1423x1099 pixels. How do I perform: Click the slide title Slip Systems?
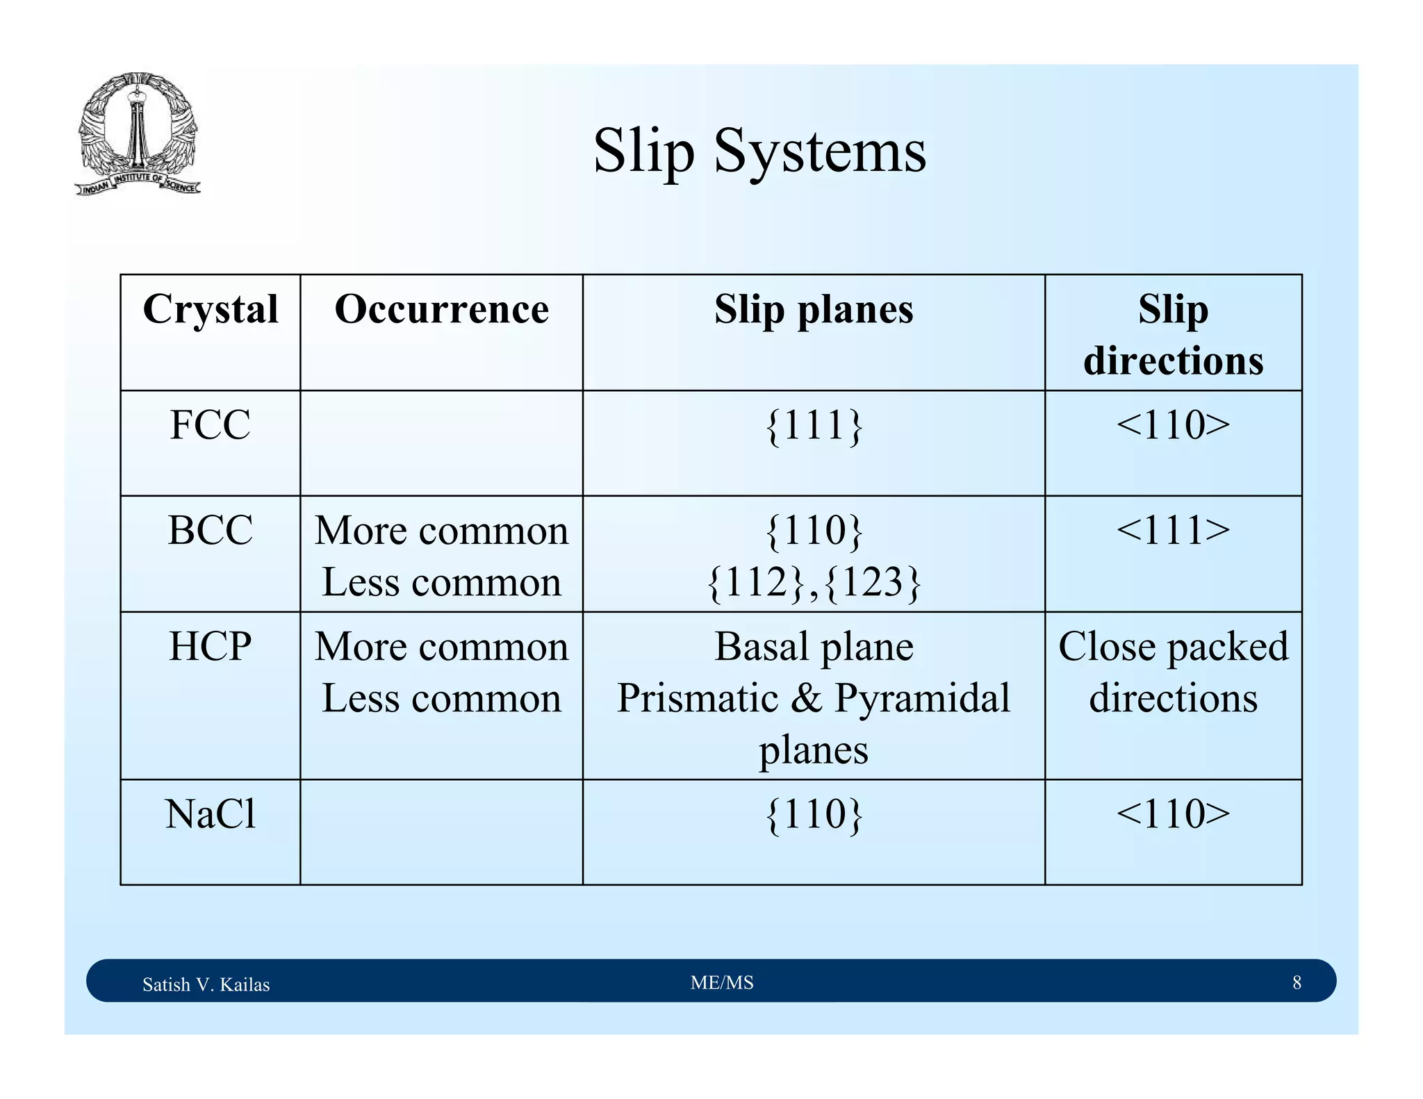click(759, 151)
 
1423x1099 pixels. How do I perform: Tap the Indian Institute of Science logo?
click(138, 134)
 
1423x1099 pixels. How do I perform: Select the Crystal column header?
click(211, 309)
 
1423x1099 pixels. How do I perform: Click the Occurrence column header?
click(441, 309)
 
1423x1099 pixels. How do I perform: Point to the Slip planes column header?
click(814, 309)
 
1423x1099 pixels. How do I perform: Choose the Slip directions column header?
click(1173, 335)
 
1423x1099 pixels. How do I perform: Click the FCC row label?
click(210, 424)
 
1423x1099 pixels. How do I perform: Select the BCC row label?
click(210, 530)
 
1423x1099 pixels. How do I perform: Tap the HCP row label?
click(210, 646)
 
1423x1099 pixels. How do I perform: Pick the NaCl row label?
click(210, 813)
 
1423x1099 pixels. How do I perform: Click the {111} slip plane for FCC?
click(814, 425)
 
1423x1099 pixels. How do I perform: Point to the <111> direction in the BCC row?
click(1173, 530)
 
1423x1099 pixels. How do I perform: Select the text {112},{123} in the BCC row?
click(814, 582)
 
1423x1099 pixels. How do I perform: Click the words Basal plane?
click(814, 646)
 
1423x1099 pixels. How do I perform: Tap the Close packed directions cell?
click(1173, 672)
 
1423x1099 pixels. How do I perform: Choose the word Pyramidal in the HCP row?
click(922, 698)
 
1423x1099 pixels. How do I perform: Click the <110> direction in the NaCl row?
click(1173, 813)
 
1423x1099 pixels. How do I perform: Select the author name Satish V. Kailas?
click(206, 984)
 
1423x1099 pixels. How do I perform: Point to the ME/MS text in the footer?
click(722, 982)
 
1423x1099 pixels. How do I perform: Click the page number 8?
click(1297, 982)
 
